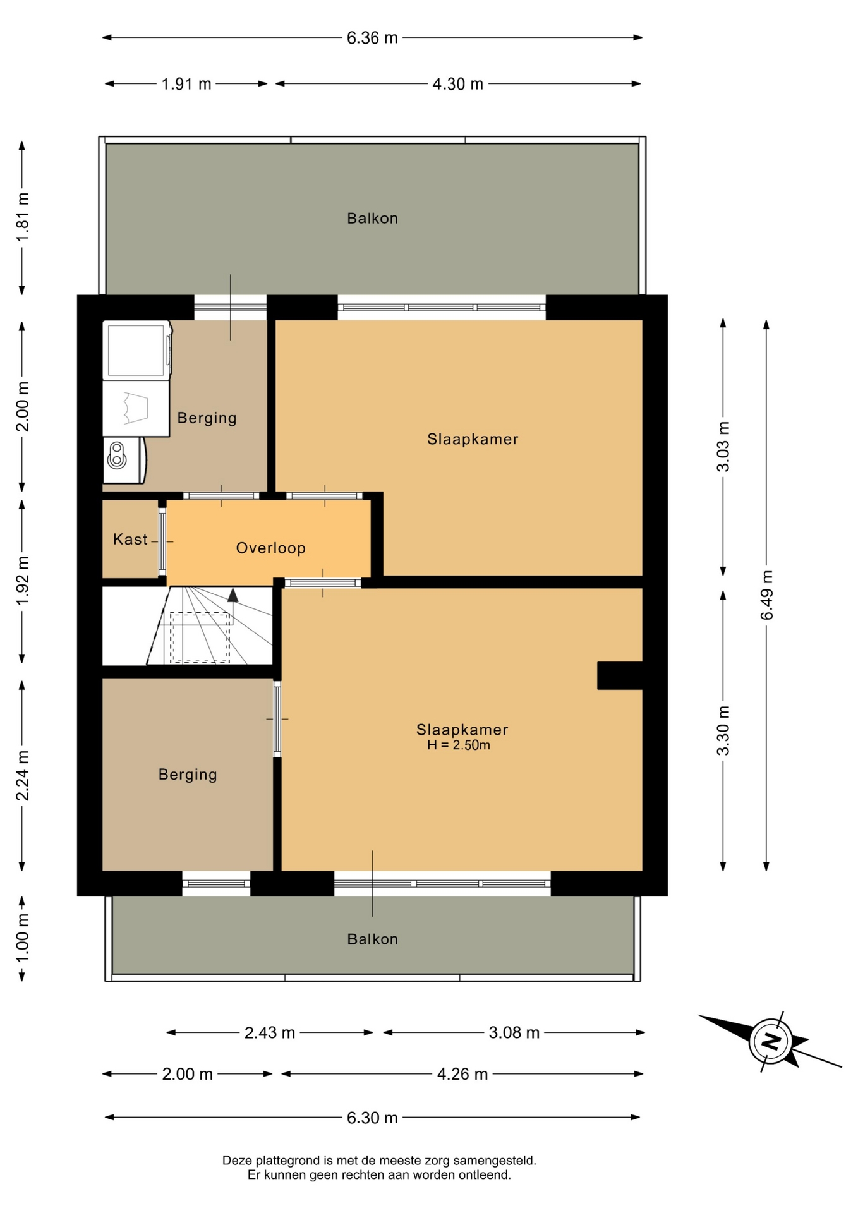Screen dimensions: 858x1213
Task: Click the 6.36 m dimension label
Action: (372, 38)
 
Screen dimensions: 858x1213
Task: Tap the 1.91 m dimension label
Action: (186, 84)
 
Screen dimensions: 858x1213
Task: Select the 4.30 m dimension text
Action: (457, 84)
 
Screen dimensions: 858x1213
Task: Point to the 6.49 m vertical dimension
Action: (766, 594)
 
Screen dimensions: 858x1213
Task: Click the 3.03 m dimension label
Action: (723, 446)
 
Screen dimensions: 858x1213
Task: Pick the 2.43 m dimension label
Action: (270, 1033)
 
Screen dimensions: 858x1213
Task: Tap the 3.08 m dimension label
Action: (514, 1033)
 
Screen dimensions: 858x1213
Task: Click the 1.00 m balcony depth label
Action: (22, 938)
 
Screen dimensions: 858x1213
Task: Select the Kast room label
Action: (130, 539)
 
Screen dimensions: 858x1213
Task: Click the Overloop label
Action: (271, 548)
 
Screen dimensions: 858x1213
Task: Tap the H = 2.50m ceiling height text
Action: (458, 745)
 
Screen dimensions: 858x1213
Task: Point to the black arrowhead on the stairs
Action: (233, 594)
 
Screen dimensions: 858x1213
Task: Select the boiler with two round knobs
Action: (124, 460)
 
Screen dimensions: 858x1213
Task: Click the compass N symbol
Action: (770, 1041)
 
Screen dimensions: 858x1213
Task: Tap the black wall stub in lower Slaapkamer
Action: (620, 675)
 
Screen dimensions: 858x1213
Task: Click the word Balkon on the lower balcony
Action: (373, 939)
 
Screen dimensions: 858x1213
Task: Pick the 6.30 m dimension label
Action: (372, 1118)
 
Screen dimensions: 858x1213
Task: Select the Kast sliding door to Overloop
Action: (162, 541)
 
